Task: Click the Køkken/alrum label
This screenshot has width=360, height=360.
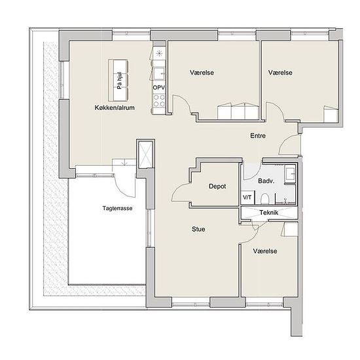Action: tap(115, 108)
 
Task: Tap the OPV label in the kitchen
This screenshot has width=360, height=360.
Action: tap(159, 88)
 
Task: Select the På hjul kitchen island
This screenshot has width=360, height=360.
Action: tap(118, 80)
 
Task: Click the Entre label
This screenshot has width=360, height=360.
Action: tap(258, 135)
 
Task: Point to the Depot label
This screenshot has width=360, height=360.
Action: tap(217, 186)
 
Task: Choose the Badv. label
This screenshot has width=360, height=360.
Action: tap(266, 181)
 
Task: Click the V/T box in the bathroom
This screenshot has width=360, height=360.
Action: tap(247, 197)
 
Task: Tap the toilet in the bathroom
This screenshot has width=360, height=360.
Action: tap(264, 199)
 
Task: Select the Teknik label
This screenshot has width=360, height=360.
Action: tap(269, 213)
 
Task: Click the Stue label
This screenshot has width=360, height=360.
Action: tap(198, 229)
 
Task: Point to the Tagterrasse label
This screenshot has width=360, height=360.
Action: tap(117, 208)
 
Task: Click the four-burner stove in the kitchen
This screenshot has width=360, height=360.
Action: tap(159, 101)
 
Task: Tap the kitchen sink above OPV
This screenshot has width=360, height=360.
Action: tap(159, 73)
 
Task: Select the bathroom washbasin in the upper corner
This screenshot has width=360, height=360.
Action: tap(290, 174)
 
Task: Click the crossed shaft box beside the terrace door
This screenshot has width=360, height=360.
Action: tap(145, 154)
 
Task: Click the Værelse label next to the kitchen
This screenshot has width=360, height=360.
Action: tap(202, 73)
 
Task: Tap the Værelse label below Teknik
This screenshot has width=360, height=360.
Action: tap(265, 251)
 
